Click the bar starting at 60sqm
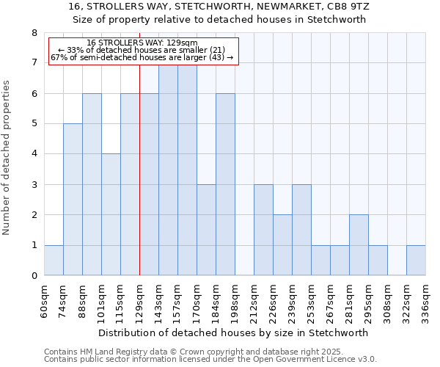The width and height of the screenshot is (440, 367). [54, 261]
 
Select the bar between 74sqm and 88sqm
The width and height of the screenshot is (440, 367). [73, 200]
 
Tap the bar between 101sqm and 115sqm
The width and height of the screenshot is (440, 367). [111, 214]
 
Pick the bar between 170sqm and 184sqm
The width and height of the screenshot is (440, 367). [206, 230]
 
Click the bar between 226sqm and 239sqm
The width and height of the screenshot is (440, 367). [282, 245]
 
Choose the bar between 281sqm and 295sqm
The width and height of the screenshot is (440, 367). [359, 245]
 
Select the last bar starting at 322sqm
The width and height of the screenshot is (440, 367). [416, 261]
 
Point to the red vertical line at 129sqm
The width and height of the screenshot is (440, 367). [139, 183]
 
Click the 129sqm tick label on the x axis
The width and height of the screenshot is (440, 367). [139, 299]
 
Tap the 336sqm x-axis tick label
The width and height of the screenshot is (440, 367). [425, 299]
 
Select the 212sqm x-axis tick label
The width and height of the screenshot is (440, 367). [254, 299]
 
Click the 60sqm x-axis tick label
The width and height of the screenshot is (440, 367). [44, 299]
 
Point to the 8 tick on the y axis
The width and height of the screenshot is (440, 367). [34, 33]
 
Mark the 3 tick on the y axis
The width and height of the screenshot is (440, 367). [34, 185]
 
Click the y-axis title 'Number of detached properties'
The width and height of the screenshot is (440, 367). [7, 158]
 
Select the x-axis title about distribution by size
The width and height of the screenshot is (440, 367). [232, 333]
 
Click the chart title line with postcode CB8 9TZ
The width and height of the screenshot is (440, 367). [219, 6]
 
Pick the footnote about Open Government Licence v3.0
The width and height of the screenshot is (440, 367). [210, 360]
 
